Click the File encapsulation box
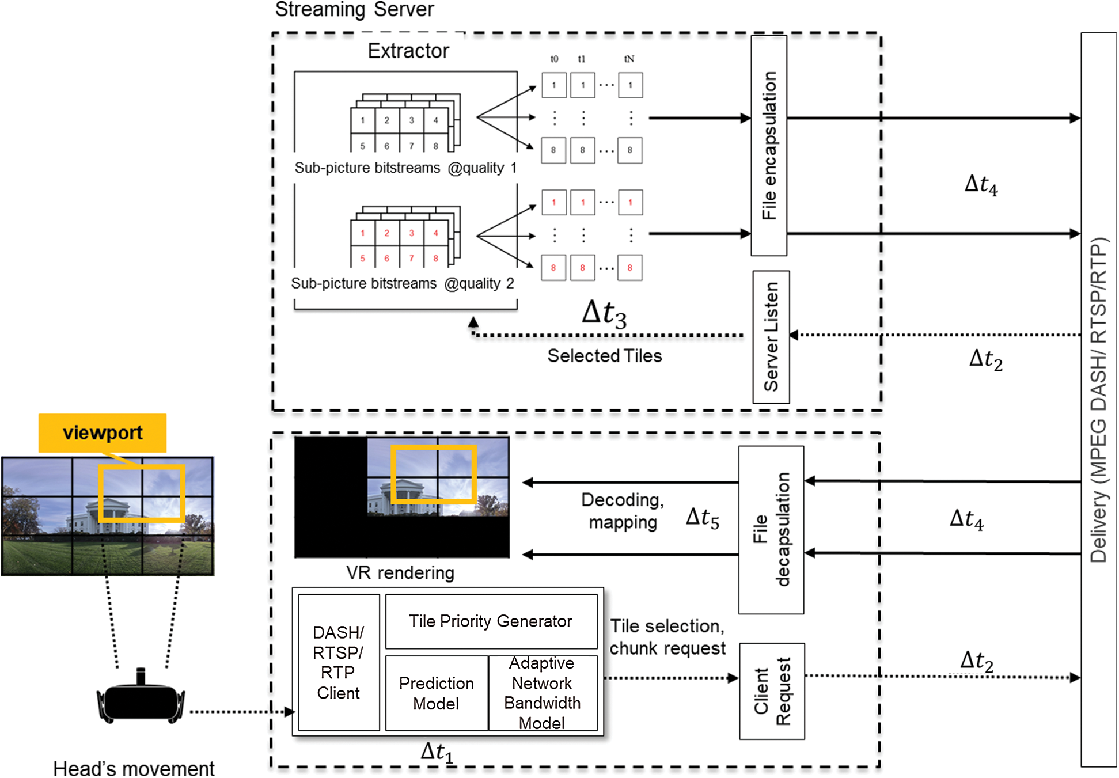(769, 145)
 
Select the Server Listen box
(771, 337)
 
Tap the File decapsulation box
(771, 530)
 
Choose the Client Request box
(772, 691)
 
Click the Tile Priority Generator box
(491, 621)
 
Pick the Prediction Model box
(437, 693)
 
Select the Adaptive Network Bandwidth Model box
(543, 693)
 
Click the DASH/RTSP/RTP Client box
(339, 662)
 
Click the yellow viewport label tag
(103, 432)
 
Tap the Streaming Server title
(354, 10)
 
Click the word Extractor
(408, 51)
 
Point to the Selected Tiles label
(605, 356)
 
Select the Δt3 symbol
(604, 314)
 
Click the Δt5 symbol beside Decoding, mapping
(703, 518)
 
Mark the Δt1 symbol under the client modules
(437, 752)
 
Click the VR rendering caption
(400, 572)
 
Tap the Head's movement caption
(134, 768)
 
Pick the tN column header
(629, 59)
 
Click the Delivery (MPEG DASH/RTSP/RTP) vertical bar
(1099, 400)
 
